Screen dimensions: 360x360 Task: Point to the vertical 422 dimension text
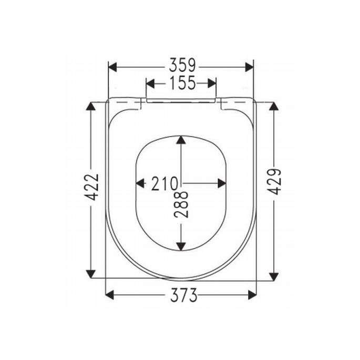92,187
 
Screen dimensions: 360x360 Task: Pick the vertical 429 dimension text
273,182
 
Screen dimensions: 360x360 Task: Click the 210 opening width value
164,184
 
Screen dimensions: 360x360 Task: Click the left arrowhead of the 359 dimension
112,67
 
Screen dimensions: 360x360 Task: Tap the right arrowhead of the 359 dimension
249,67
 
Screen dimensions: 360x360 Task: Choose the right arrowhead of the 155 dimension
212,83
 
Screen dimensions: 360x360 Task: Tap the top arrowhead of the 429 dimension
273,107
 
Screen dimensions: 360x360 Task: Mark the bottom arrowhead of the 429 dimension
273,275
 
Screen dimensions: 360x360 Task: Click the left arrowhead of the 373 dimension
110,295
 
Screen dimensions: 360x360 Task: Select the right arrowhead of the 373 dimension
252,295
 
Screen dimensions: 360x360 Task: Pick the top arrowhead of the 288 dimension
181,140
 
